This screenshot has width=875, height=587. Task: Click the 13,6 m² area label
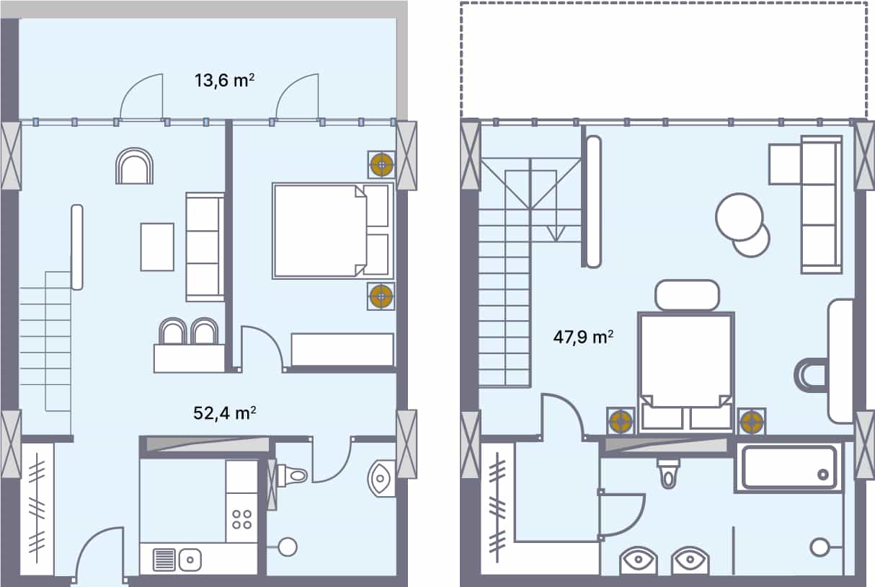pos(223,80)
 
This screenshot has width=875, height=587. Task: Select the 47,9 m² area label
pos(582,337)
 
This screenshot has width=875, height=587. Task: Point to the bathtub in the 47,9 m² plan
pos(789,467)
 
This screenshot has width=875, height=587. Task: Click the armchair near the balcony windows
pos(134,167)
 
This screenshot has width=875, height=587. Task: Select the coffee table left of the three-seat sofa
pos(157,247)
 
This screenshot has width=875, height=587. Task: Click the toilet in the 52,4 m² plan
pos(292,475)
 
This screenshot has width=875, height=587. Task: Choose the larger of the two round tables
pos(739,216)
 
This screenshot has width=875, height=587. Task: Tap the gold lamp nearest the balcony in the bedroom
pos(381,166)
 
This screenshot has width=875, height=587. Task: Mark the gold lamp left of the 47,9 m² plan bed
pos(621,421)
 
